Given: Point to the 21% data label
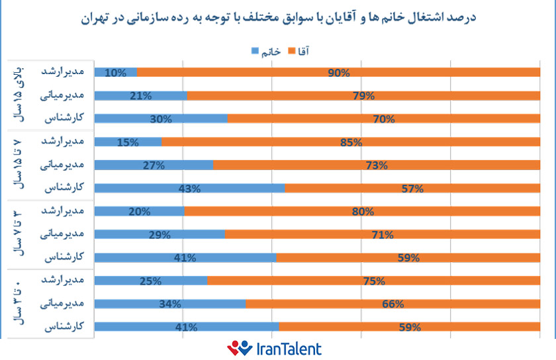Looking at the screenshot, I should [141, 96].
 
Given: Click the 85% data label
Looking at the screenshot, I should [350, 142].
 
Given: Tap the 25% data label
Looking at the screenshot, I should [151, 281].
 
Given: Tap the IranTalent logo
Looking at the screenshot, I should [274, 348].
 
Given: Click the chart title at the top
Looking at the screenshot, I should [277, 17].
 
